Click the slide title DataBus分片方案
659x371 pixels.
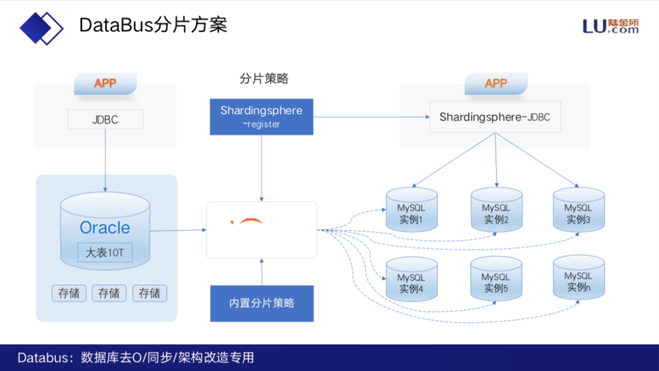tap(153, 26)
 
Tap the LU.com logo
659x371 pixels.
tap(611, 26)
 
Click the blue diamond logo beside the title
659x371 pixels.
tap(41, 27)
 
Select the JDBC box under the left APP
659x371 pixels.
tap(105, 120)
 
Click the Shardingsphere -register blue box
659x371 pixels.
tap(261, 117)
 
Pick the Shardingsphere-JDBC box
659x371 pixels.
tap(495, 117)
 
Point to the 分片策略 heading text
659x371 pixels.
tap(264, 79)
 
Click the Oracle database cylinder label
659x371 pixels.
tap(105, 228)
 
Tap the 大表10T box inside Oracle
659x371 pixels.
tap(105, 252)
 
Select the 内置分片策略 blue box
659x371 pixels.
tap(262, 303)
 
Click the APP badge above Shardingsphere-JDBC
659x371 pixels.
tap(495, 84)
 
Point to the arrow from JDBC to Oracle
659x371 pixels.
tap(105, 159)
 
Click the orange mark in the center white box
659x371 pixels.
tap(250, 220)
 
